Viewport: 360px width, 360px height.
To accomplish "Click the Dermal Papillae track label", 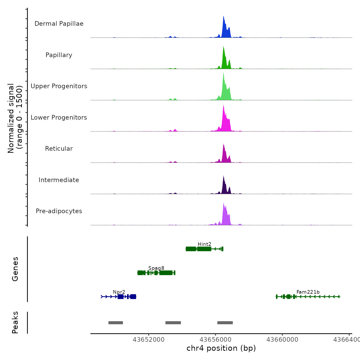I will click(59, 24).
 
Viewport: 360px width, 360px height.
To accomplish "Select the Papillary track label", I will click(59, 55).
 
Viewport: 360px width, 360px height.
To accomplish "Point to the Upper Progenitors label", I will click(59, 86).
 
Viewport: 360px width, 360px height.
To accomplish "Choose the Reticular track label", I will click(59, 149).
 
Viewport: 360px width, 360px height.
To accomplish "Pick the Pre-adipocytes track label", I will click(59, 211).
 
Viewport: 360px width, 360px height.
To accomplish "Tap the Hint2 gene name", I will click(204, 244).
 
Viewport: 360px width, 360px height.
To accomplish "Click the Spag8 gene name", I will click(156, 268).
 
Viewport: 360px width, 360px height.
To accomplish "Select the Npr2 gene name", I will click(119, 292).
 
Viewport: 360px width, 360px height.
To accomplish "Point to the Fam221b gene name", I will click(308, 292).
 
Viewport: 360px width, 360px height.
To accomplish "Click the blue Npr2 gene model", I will click(120, 297).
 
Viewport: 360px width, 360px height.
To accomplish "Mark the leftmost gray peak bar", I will click(116, 323).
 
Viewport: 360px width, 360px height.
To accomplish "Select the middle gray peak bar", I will click(173, 323).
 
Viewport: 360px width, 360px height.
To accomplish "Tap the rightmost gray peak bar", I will click(225, 323).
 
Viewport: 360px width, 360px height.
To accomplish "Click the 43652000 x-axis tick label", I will click(149, 340).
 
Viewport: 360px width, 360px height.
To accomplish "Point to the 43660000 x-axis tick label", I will click(282, 340).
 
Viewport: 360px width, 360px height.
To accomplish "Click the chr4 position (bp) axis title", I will click(221, 348).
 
